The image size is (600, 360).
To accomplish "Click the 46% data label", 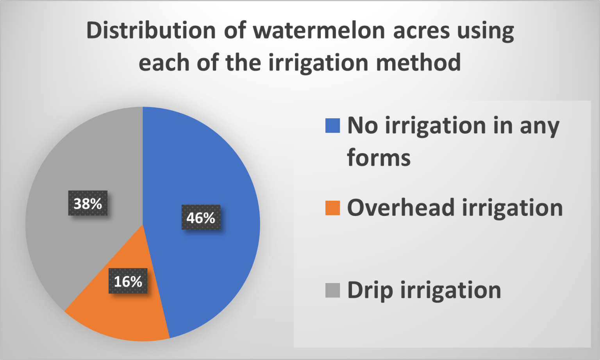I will pos(201,217).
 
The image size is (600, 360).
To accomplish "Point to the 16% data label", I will pos(128,281).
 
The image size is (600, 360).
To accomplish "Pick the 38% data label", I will pos(88,203).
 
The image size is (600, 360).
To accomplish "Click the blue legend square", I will pos(332,126).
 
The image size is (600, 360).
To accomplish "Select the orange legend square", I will pos(332,208).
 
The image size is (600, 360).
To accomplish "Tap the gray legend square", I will pos(332,290).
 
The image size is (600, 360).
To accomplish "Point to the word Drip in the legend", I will pos(370,290).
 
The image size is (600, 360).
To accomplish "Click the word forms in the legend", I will pos(379,158).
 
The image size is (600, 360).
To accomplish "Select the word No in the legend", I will pos(362,126).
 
